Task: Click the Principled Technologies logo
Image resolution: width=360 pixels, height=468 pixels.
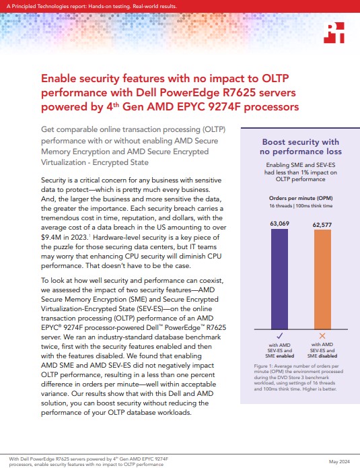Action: (334, 32)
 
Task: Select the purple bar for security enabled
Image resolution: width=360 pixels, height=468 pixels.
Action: (279, 279)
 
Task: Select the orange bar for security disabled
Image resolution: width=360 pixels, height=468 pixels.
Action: (322, 279)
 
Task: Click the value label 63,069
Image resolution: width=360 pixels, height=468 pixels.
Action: (279, 224)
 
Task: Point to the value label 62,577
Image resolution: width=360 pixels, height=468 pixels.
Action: (322, 225)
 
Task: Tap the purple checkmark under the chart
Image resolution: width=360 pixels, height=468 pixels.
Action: (280, 336)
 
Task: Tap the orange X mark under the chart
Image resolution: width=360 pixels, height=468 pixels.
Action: (322, 336)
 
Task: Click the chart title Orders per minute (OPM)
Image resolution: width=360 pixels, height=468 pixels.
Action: (301, 198)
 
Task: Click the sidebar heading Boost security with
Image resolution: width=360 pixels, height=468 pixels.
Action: (301, 142)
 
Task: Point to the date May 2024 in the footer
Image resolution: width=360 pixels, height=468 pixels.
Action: (339, 461)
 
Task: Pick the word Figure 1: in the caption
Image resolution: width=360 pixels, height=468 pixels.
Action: (263, 366)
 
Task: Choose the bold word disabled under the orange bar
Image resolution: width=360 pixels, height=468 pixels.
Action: (328, 356)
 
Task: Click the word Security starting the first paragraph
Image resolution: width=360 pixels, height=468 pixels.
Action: (53, 180)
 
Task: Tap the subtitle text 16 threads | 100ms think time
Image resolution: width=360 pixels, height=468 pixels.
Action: (301, 205)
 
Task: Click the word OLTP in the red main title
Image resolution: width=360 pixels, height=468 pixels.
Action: (275, 79)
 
